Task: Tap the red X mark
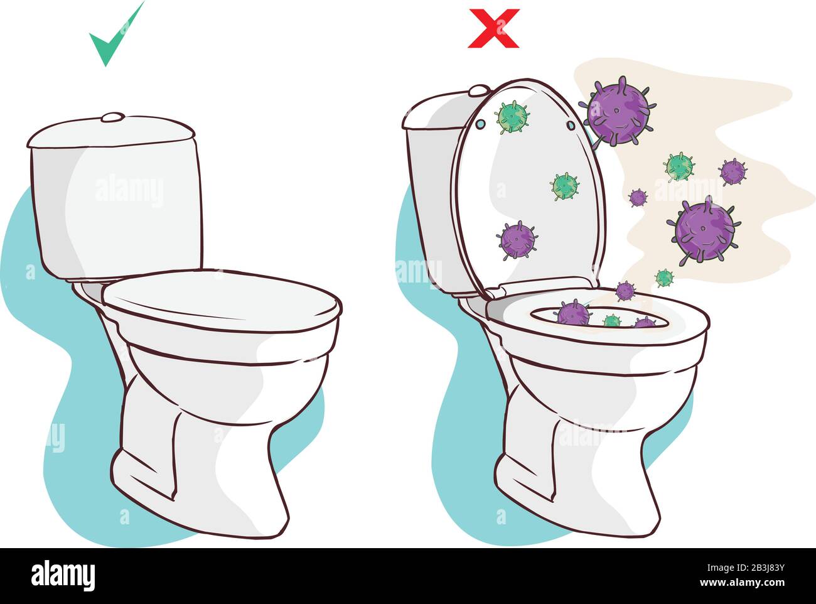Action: pos(494,28)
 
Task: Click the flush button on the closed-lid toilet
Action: pos(113,117)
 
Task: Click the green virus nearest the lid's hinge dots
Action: pos(513,117)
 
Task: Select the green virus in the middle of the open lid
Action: pos(565,186)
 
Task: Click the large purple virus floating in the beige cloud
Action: pos(704,230)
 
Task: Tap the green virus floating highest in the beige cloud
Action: pos(679,166)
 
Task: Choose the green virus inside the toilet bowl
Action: pos(611,321)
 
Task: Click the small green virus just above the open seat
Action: pos(664,277)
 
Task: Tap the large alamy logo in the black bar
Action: pos(63,574)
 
